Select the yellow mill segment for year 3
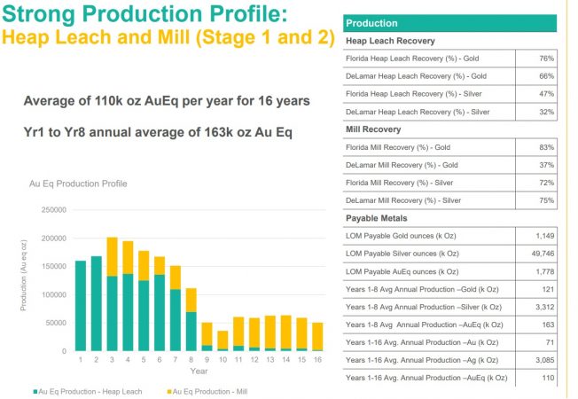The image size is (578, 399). [113, 256]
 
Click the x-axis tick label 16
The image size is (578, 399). [318, 359]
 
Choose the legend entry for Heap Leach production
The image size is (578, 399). [80, 390]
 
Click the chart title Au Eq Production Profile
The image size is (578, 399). [77, 184]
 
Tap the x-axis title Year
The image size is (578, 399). [200, 371]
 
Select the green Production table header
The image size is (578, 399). [371, 23]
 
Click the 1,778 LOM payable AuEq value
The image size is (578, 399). [543, 271]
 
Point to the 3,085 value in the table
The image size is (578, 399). [543, 360]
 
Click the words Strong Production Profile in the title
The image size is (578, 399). [138, 16]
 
